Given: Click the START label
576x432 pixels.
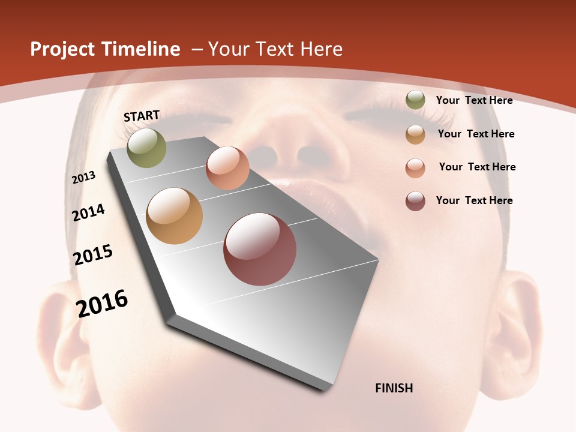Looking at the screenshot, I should click(142, 116).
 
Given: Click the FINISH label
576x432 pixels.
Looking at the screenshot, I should click(394, 388).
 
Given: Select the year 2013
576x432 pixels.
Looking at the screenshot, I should click(83, 178).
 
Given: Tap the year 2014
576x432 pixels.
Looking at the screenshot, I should click(89, 212).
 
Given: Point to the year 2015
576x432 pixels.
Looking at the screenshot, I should click(93, 254).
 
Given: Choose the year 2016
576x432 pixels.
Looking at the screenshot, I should click(102, 303).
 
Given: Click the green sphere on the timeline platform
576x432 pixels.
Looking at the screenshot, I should click(146, 148).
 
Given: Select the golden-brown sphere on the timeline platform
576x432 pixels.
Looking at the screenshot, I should click(174, 216).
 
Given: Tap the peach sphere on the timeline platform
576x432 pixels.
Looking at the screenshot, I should click(227, 168).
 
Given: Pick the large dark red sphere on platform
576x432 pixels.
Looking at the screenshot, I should click(260, 249).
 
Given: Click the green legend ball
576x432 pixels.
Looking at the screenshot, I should click(415, 100).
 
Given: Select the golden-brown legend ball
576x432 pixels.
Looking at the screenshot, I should click(415, 134).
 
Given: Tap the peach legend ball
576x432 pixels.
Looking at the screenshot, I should click(415, 167).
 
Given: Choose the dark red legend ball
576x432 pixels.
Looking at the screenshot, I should click(415, 201).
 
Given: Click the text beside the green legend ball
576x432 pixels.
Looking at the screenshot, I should click(474, 100).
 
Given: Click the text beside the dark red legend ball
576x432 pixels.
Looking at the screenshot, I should click(474, 200).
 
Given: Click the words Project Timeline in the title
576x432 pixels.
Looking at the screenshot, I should click(105, 49).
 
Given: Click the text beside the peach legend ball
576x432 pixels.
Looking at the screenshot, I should click(477, 167).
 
